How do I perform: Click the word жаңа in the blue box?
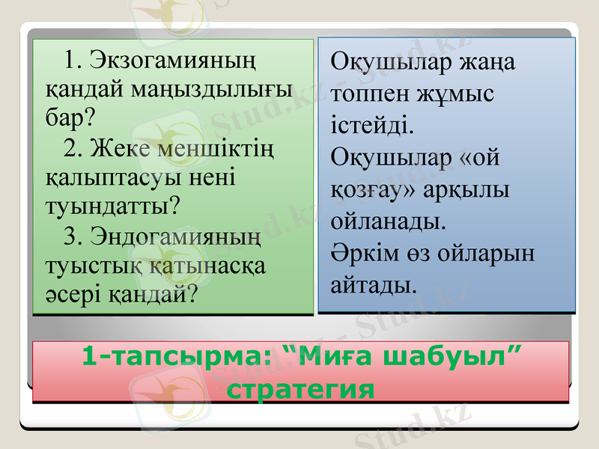(x=486, y=63)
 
